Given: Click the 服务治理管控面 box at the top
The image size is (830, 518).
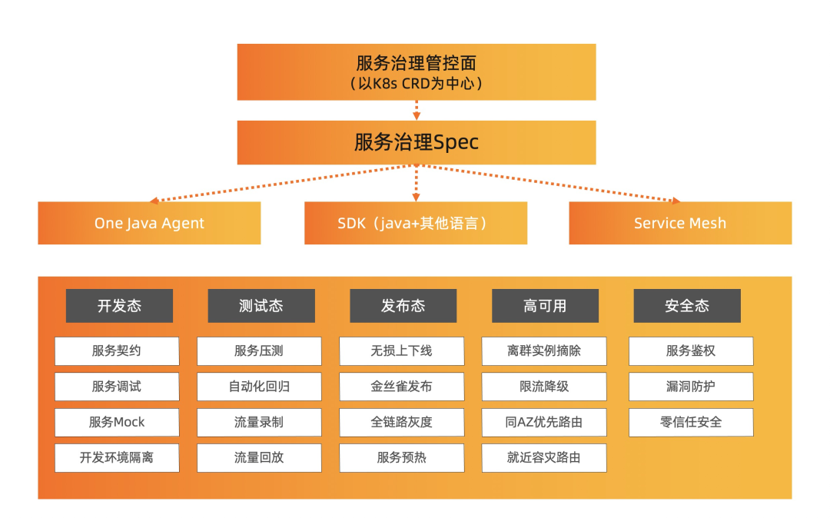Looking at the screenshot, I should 416,71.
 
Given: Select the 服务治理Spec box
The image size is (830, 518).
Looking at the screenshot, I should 416,142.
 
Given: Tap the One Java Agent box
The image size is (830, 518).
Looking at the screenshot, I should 149,223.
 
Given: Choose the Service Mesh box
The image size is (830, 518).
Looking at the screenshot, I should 680,223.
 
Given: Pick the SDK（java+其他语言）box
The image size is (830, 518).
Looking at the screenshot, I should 416,223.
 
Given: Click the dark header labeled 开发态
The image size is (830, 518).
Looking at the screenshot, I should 119,306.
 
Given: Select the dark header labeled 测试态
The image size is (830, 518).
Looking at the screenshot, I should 261,306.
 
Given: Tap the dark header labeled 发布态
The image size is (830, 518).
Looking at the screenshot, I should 403,306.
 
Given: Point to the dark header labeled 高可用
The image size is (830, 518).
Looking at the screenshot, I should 545,306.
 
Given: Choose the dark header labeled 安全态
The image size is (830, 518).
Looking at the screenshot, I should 687,306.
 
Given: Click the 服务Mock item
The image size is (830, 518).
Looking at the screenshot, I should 117,422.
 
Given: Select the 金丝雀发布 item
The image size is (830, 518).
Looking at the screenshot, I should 401,387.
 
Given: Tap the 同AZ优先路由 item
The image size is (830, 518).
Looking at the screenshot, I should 544,422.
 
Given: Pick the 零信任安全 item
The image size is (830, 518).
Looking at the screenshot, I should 691,422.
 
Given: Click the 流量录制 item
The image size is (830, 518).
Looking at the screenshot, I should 259,422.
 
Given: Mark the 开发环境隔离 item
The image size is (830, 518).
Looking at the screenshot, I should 117,457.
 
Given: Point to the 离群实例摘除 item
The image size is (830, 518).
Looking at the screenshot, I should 544,351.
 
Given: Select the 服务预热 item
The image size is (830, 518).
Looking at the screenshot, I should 401,457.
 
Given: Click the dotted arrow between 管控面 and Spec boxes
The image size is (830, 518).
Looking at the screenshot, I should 417,110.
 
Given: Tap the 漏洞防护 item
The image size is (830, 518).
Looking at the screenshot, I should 691,387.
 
